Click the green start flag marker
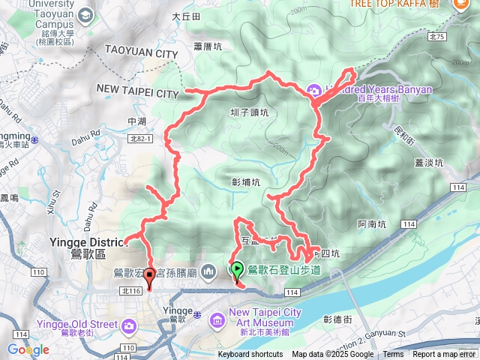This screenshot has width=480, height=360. point(237,268)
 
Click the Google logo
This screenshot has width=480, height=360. point(28,349)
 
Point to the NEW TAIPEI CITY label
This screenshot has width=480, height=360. point(138,93)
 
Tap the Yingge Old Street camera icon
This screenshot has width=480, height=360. point(130,325)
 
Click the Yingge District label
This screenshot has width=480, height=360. point(84,242)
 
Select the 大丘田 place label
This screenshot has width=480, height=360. point(186,16)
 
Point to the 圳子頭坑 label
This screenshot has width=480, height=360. point(249,112)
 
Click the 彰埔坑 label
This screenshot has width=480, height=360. point(246,181)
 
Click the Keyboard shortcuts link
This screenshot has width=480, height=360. point(250,355)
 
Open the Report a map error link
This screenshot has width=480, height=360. point(443,355)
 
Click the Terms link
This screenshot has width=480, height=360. point(393,355)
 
